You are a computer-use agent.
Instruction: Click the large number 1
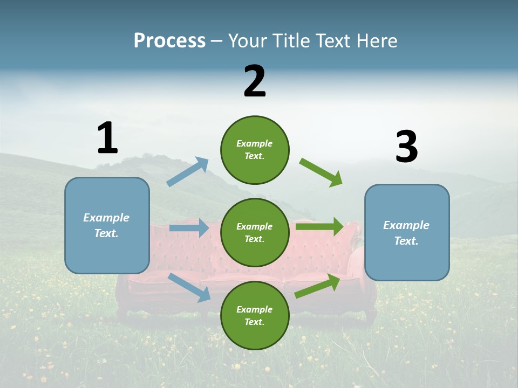107,138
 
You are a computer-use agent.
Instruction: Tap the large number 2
255,81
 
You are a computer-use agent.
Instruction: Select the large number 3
406,147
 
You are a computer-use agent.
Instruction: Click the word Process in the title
169,40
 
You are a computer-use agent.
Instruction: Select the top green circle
255,150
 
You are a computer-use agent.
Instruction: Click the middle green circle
255,232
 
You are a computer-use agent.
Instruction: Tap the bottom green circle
255,315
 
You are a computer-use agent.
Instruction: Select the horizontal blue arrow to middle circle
189,228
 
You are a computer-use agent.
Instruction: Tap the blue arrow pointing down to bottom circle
189,287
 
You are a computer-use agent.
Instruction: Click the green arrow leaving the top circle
321,172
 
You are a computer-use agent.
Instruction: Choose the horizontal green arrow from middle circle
319,226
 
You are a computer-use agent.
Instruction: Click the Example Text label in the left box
106,225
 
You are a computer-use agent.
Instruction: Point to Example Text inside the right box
406,233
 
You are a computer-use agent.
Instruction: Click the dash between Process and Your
217,41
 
